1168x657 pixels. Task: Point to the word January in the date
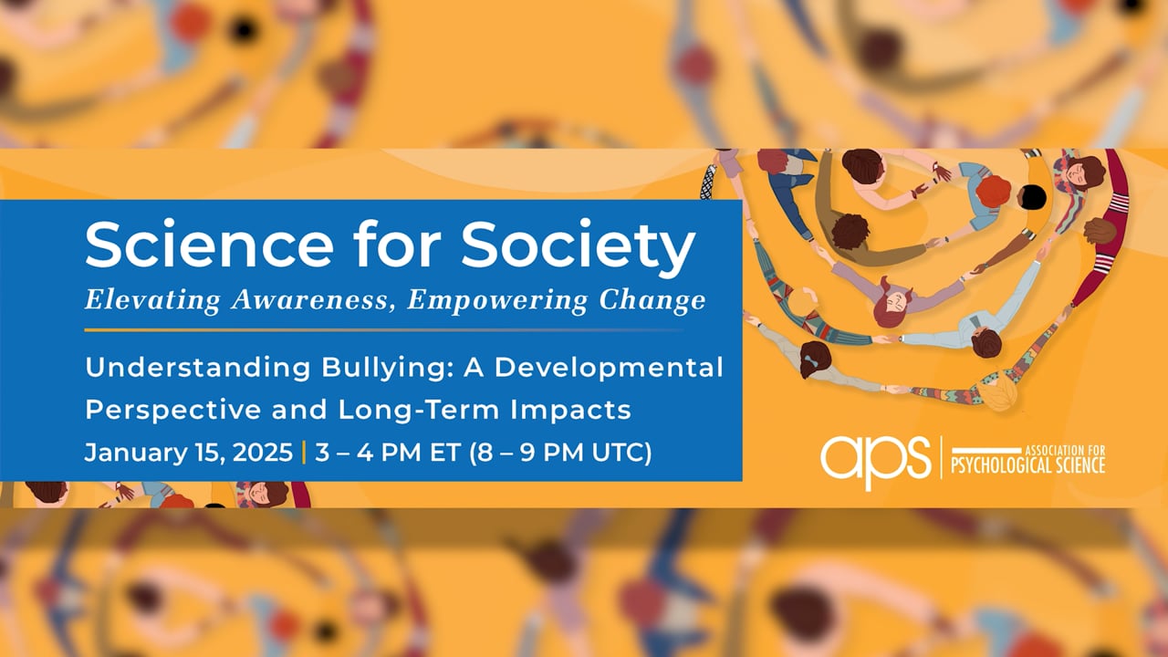[128, 453]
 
